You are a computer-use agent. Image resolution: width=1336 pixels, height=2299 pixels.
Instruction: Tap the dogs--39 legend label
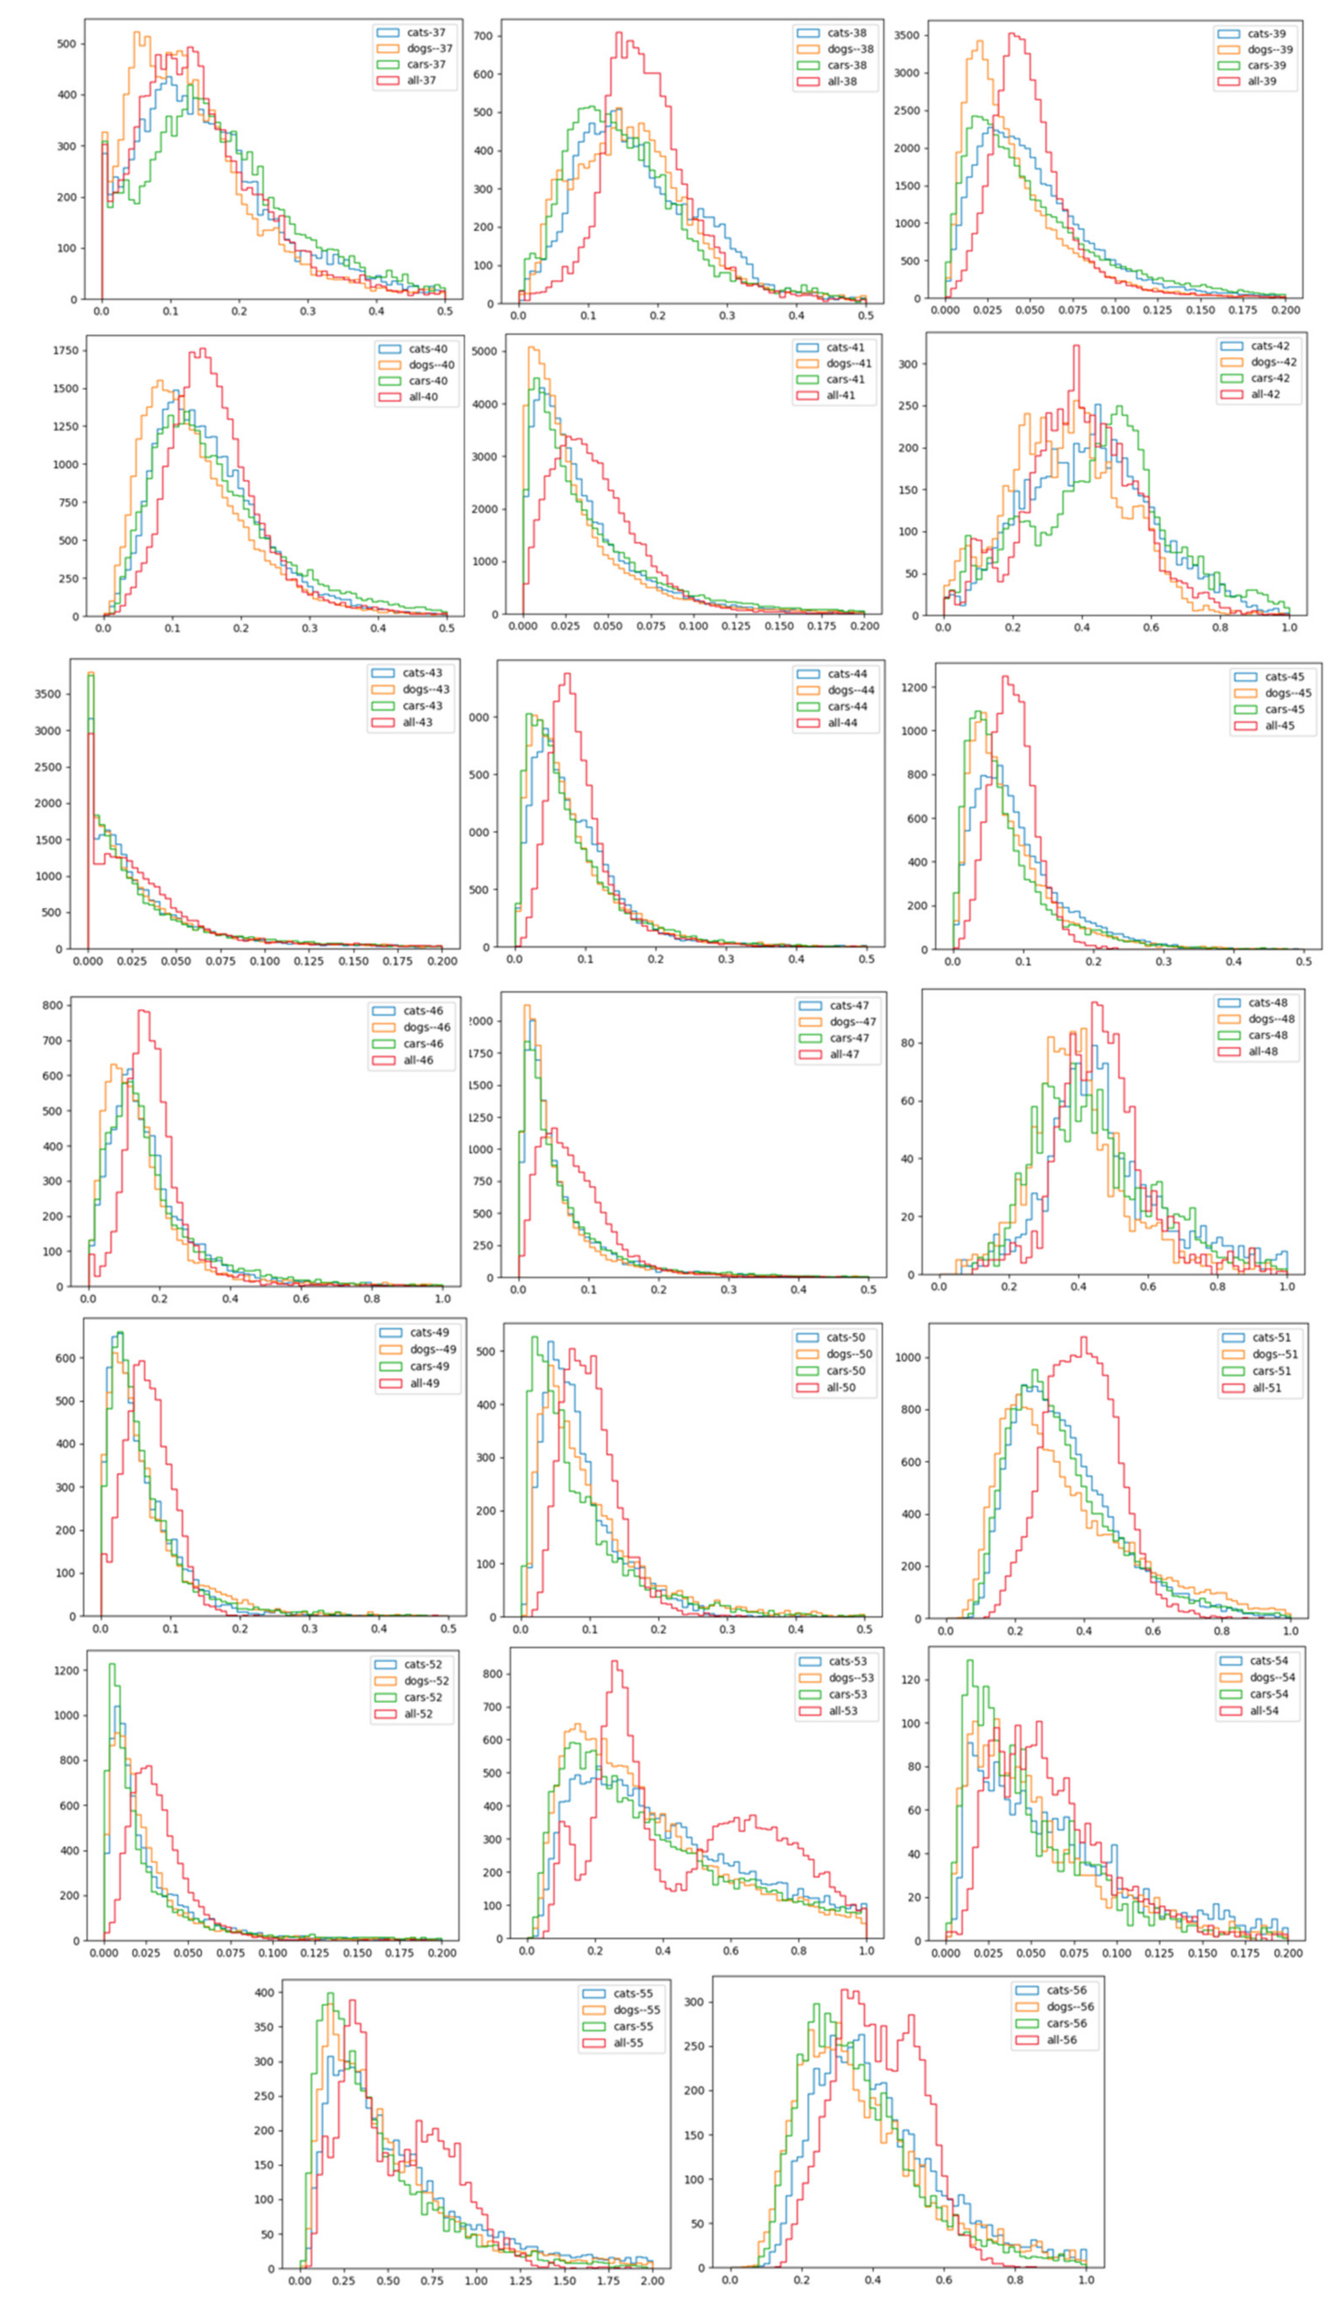point(1270,49)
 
